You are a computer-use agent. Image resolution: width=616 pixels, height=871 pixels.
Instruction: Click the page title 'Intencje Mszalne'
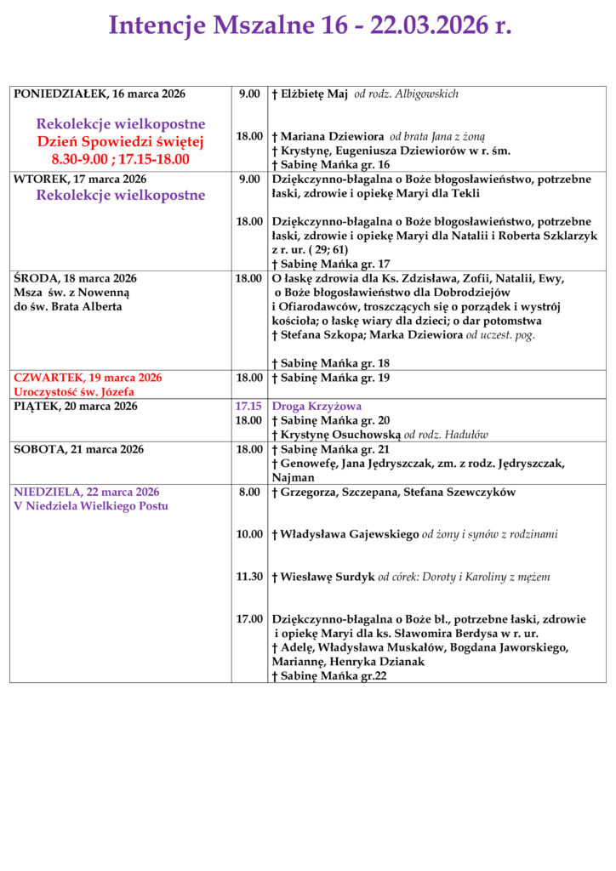[225, 26]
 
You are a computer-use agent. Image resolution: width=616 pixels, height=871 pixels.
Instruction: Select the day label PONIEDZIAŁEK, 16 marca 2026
[100, 94]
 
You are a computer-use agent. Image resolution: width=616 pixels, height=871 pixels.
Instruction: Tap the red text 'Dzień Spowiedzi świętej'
[120, 141]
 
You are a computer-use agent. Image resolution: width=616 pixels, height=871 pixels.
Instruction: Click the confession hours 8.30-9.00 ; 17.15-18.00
[120, 158]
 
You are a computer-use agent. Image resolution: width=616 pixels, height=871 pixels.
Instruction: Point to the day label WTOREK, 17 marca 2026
[80, 179]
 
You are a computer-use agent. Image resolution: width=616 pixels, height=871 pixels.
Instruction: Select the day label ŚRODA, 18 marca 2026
[75, 278]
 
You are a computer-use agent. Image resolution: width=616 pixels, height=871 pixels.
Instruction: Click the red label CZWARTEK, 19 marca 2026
[88, 378]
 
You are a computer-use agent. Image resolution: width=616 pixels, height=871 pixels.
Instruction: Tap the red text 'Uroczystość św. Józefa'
[74, 392]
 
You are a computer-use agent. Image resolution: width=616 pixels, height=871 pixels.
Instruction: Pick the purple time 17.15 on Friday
[248, 407]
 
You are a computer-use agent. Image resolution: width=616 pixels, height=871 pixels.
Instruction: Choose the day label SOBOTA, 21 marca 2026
[78, 449]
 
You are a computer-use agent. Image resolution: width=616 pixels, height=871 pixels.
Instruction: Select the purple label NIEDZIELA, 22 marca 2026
[86, 492]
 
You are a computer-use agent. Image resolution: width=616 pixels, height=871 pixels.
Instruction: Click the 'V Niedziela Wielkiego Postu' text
[90, 506]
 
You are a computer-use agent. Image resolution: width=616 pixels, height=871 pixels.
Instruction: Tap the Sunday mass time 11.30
[249, 577]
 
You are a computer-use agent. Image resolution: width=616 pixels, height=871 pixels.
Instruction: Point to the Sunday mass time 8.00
[249, 492]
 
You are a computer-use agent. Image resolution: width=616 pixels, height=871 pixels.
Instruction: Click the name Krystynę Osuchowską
[340, 435]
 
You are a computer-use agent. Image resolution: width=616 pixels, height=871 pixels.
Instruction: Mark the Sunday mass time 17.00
[249, 619]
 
